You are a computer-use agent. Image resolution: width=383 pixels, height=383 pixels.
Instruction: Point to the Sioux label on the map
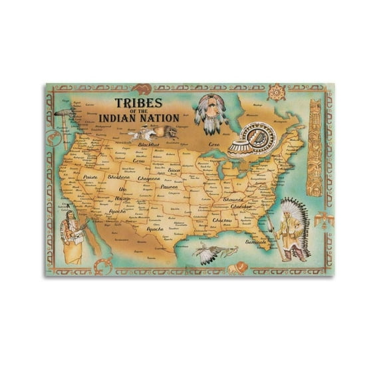point(175,171)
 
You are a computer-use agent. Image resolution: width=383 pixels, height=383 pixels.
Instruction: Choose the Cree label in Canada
point(213,144)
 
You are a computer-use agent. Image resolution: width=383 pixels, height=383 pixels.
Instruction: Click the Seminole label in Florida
point(255,242)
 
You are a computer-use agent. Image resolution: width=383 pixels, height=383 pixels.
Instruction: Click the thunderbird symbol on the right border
point(321,217)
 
